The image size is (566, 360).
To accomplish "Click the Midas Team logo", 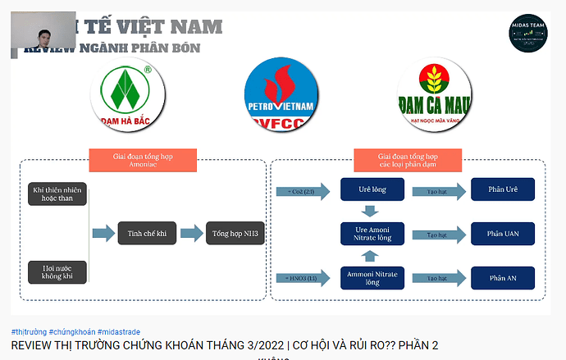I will click(x=527, y=34).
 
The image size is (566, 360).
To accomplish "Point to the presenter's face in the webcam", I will click(x=42, y=37).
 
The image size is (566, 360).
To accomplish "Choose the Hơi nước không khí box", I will click(x=58, y=271).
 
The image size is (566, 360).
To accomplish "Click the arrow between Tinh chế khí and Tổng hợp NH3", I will click(x=190, y=234).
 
